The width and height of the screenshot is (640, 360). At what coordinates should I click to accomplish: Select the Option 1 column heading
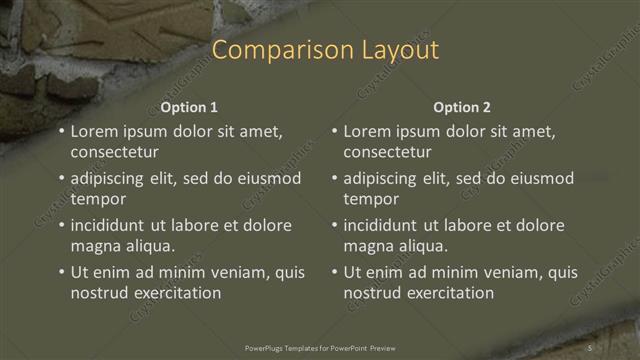click(189, 107)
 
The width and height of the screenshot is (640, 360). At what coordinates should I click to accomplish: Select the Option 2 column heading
click(462, 107)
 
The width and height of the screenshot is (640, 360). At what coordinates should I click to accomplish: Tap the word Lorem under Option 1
click(94, 131)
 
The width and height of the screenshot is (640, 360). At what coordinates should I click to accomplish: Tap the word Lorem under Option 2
click(367, 131)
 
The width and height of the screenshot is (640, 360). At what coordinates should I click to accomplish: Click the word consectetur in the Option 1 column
click(115, 153)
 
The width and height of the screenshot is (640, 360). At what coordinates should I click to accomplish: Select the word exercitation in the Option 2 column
click(449, 293)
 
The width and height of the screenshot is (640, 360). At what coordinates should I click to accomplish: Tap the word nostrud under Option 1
click(100, 293)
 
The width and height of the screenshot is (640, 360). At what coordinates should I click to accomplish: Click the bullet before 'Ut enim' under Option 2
click(335, 272)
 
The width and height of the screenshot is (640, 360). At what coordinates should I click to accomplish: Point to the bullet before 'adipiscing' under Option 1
click(62, 179)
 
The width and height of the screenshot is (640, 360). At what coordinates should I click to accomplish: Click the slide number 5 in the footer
click(591, 348)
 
